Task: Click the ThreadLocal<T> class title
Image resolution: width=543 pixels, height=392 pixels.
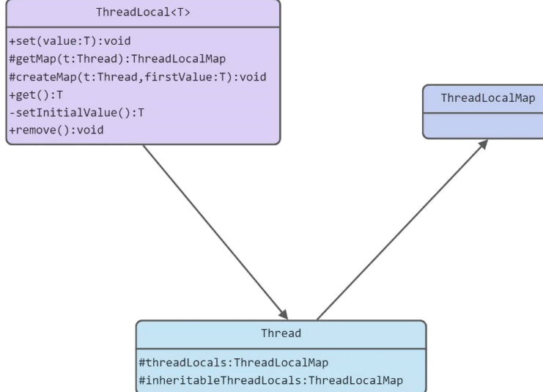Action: pyautogui.click(x=143, y=12)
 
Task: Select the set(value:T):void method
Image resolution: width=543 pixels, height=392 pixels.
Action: pyautogui.click(x=70, y=41)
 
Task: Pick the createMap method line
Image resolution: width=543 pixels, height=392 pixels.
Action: pyautogui.click(x=137, y=77)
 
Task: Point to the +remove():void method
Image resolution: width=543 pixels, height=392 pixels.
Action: pyautogui.click(x=56, y=130)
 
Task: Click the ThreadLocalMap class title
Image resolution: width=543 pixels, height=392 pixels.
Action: pyautogui.click(x=487, y=98)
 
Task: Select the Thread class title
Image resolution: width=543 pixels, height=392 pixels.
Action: pyautogui.click(x=281, y=333)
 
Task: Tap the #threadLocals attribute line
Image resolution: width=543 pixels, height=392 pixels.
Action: pyautogui.click(x=233, y=362)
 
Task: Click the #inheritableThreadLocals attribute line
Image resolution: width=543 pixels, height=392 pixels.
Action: pyautogui.click(x=270, y=380)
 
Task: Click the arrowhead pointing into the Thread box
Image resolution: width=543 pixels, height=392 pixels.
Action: pyautogui.click(x=283, y=314)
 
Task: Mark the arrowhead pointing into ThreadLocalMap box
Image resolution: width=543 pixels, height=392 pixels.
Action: pyautogui.click(x=483, y=144)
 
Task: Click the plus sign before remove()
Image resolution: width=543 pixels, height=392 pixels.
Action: pyautogui.click(x=12, y=130)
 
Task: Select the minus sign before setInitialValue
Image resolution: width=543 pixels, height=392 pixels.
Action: pyautogui.click(x=12, y=112)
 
